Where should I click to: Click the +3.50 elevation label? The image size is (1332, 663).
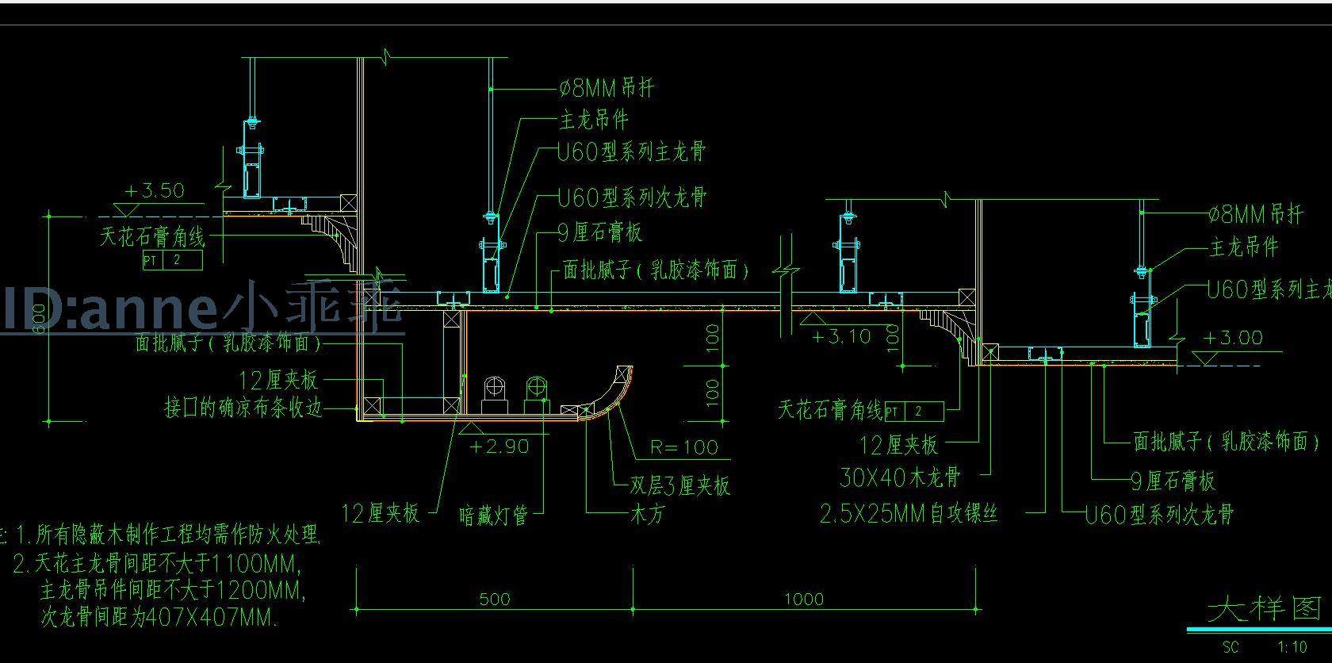[155, 191]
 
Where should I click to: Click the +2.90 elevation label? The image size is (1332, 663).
[499, 447]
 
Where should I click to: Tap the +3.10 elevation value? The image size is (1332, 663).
[841, 337]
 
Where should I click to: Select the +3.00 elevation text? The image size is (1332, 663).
[1233, 339]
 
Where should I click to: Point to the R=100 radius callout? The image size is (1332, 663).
[683, 448]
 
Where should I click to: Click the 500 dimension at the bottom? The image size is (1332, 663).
[495, 600]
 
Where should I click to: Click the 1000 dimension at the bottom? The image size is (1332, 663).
[804, 600]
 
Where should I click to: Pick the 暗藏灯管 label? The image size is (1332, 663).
[493, 516]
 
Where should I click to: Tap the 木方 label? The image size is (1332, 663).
[647, 513]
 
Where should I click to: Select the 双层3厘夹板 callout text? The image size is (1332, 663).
[679, 486]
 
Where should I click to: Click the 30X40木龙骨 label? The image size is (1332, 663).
[900, 477]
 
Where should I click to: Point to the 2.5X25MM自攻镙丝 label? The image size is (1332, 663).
[909, 515]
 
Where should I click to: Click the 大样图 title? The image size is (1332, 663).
[1265, 609]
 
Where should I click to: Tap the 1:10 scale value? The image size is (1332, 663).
[1292, 647]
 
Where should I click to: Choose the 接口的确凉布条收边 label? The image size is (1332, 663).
[243, 409]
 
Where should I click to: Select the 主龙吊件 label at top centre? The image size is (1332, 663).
[594, 121]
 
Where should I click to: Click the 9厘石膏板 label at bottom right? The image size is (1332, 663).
[1173, 481]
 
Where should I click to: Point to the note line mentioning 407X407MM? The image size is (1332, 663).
[159, 618]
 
